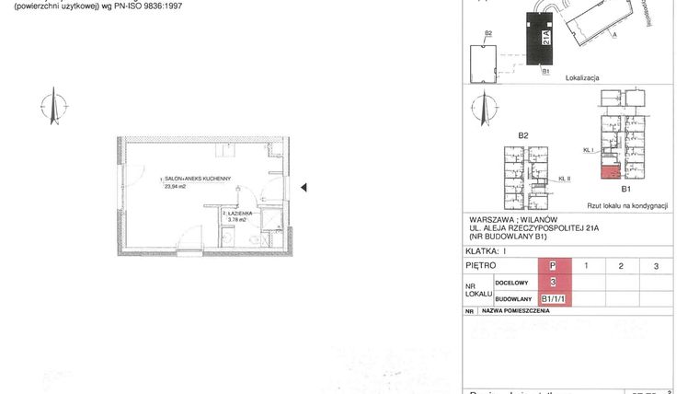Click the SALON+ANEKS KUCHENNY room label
click(x=201, y=178)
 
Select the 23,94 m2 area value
click(x=175, y=186)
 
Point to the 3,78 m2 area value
click(x=237, y=220)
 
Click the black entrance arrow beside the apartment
click(x=304, y=187)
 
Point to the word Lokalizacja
click(x=583, y=78)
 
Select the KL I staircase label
click(x=589, y=148)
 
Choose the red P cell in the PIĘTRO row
click(x=553, y=266)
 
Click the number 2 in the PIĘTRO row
click(x=622, y=266)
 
